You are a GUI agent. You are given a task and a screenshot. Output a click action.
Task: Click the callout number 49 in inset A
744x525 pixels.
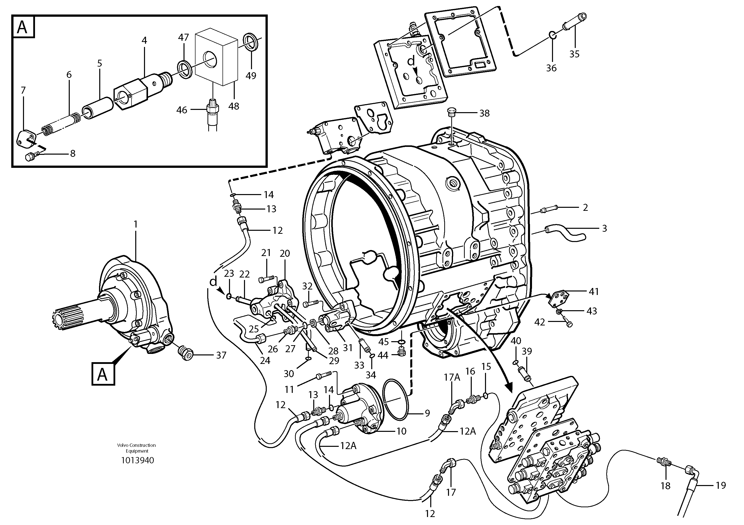(x=251, y=76)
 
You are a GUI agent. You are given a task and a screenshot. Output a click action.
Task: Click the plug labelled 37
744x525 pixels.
(x=186, y=353)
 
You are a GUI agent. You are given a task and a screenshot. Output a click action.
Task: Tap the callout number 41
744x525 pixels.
(x=594, y=292)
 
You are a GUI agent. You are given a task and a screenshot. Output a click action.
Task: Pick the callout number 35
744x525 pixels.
(x=574, y=54)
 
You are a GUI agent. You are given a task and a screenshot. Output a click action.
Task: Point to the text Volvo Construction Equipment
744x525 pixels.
(x=136, y=448)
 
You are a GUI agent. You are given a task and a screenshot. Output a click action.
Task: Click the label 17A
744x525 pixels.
(x=452, y=377)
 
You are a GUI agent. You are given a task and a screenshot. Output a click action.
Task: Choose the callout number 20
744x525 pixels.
(x=284, y=254)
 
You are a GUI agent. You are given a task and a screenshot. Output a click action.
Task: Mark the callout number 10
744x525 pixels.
(x=401, y=431)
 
